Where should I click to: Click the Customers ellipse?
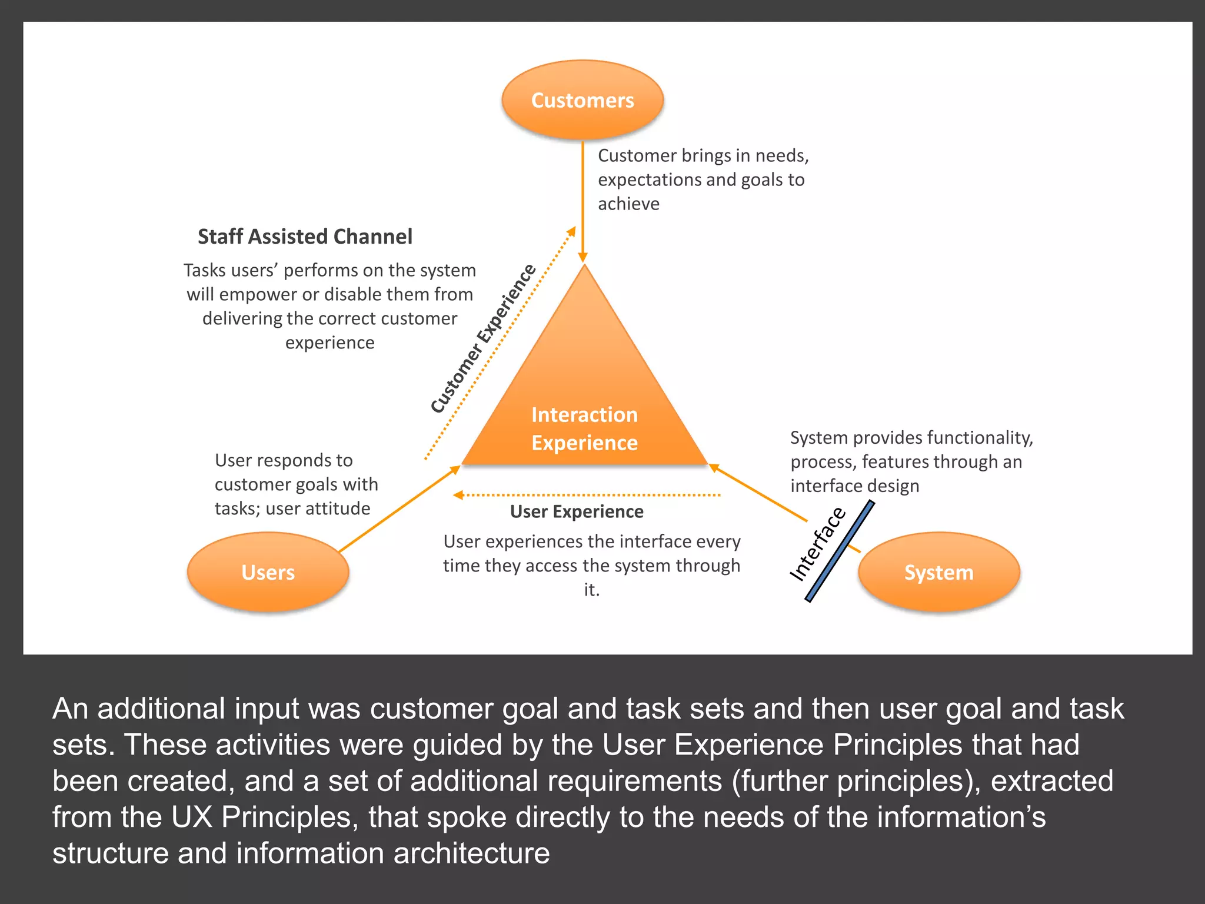[582, 100]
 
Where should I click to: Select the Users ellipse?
[268, 572]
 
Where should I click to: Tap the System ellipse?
[938, 572]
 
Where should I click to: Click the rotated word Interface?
[817, 544]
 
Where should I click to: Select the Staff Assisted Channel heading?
[305, 237]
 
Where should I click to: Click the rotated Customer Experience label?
[482, 339]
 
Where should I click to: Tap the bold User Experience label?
[577, 511]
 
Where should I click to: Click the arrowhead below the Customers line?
[582, 257]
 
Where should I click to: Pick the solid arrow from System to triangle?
[759, 493]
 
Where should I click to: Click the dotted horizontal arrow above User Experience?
[588, 495]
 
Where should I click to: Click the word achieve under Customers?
[628, 204]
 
